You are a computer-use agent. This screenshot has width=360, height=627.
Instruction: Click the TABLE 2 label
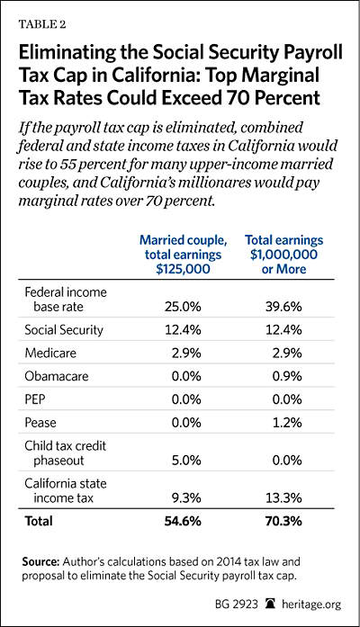click(42, 24)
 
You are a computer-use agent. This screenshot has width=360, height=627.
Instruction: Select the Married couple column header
click(183, 255)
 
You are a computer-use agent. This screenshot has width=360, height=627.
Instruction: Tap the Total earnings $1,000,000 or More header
click(284, 255)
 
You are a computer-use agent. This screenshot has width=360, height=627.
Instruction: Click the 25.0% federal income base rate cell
click(183, 307)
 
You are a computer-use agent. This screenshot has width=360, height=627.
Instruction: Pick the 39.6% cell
click(283, 307)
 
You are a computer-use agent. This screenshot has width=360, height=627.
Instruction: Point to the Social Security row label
click(64, 330)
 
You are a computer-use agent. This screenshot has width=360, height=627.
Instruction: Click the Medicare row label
click(50, 354)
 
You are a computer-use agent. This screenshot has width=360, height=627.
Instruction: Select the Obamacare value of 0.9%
click(286, 376)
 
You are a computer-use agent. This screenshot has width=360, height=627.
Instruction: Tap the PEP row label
click(35, 399)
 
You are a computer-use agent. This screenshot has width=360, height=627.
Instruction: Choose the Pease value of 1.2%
click(287, 423)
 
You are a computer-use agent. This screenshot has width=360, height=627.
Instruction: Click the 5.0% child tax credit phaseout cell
click(186, 461)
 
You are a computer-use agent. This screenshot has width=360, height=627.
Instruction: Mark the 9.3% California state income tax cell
click(186, 498)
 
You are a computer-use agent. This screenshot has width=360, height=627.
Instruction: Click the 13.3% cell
click(283, 498)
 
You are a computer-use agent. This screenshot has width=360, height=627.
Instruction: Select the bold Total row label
click(39, 521)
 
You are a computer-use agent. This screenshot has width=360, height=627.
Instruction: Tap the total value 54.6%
click(183, 521)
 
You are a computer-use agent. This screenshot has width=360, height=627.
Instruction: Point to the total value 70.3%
click(283, 521)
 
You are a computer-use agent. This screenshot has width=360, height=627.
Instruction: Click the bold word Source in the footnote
click(40, 561)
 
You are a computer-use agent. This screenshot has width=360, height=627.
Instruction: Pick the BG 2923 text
click(237, 604)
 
